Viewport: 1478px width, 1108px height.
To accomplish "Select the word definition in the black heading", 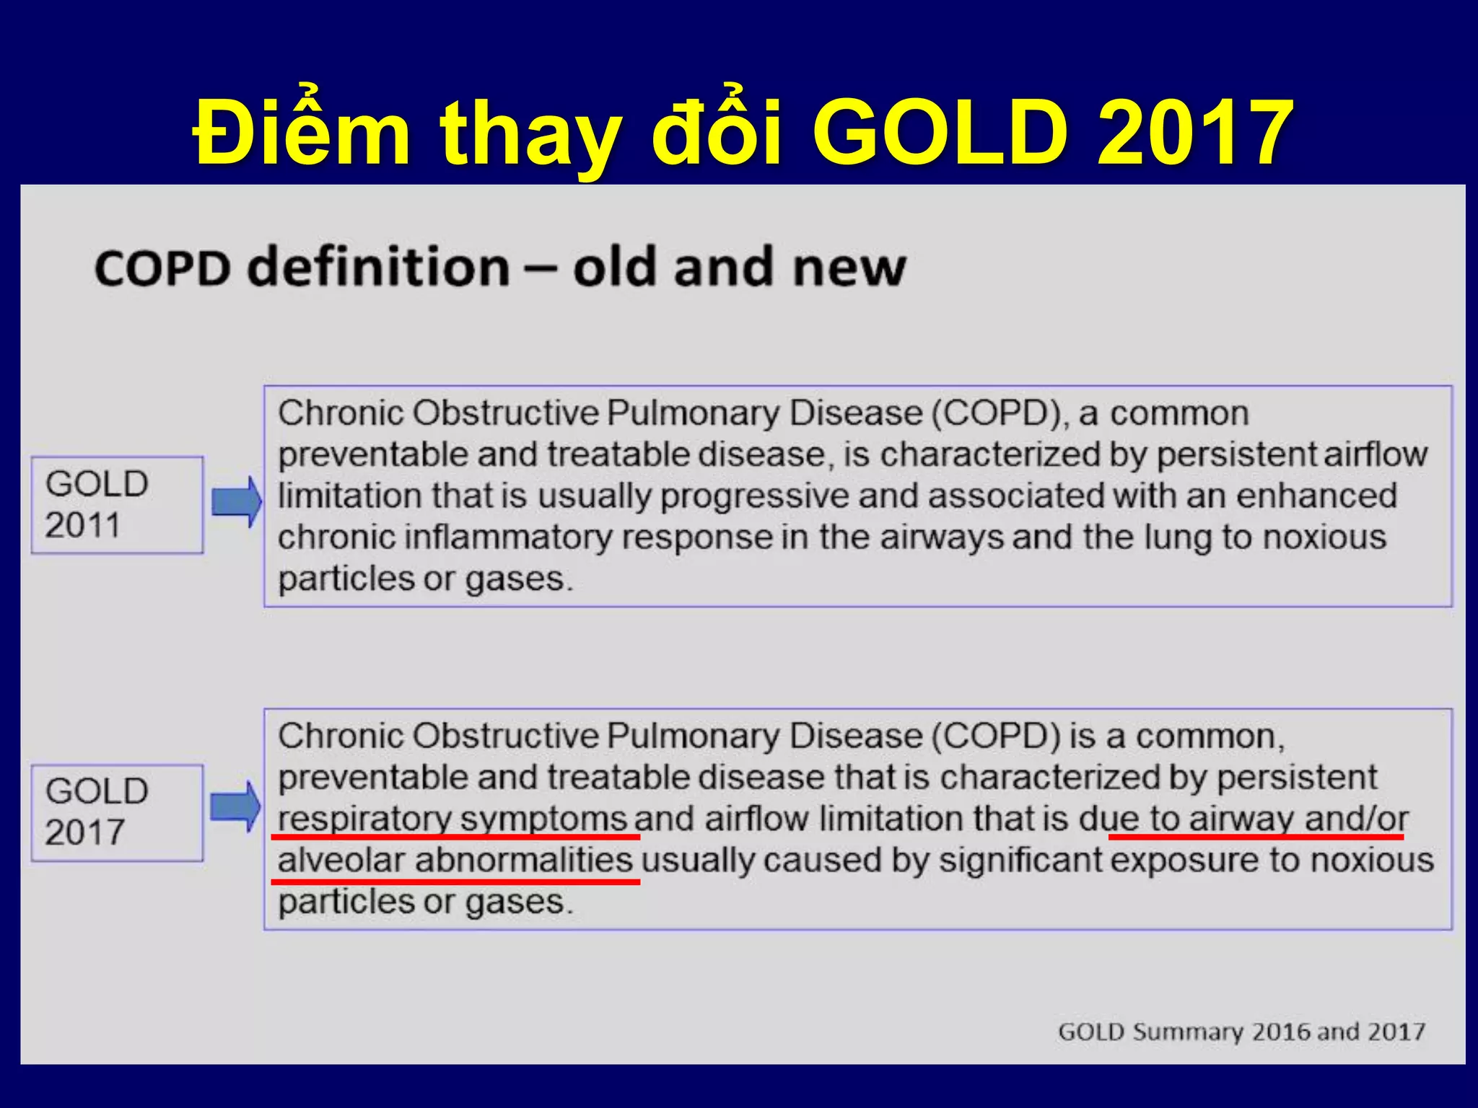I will pos(378,267).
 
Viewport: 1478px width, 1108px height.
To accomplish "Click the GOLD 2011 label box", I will pos(117,505).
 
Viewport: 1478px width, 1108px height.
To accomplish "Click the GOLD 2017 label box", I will pos(117,813).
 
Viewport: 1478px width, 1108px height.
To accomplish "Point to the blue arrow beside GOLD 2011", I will pos(237,501).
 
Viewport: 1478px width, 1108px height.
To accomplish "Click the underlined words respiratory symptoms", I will pos(452,819).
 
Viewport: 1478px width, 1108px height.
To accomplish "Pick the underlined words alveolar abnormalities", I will pos(455,861).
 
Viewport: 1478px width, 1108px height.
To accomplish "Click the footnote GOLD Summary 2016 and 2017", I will pos(1241,1032).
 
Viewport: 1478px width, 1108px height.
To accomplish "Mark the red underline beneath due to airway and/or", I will pos(1256,837).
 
